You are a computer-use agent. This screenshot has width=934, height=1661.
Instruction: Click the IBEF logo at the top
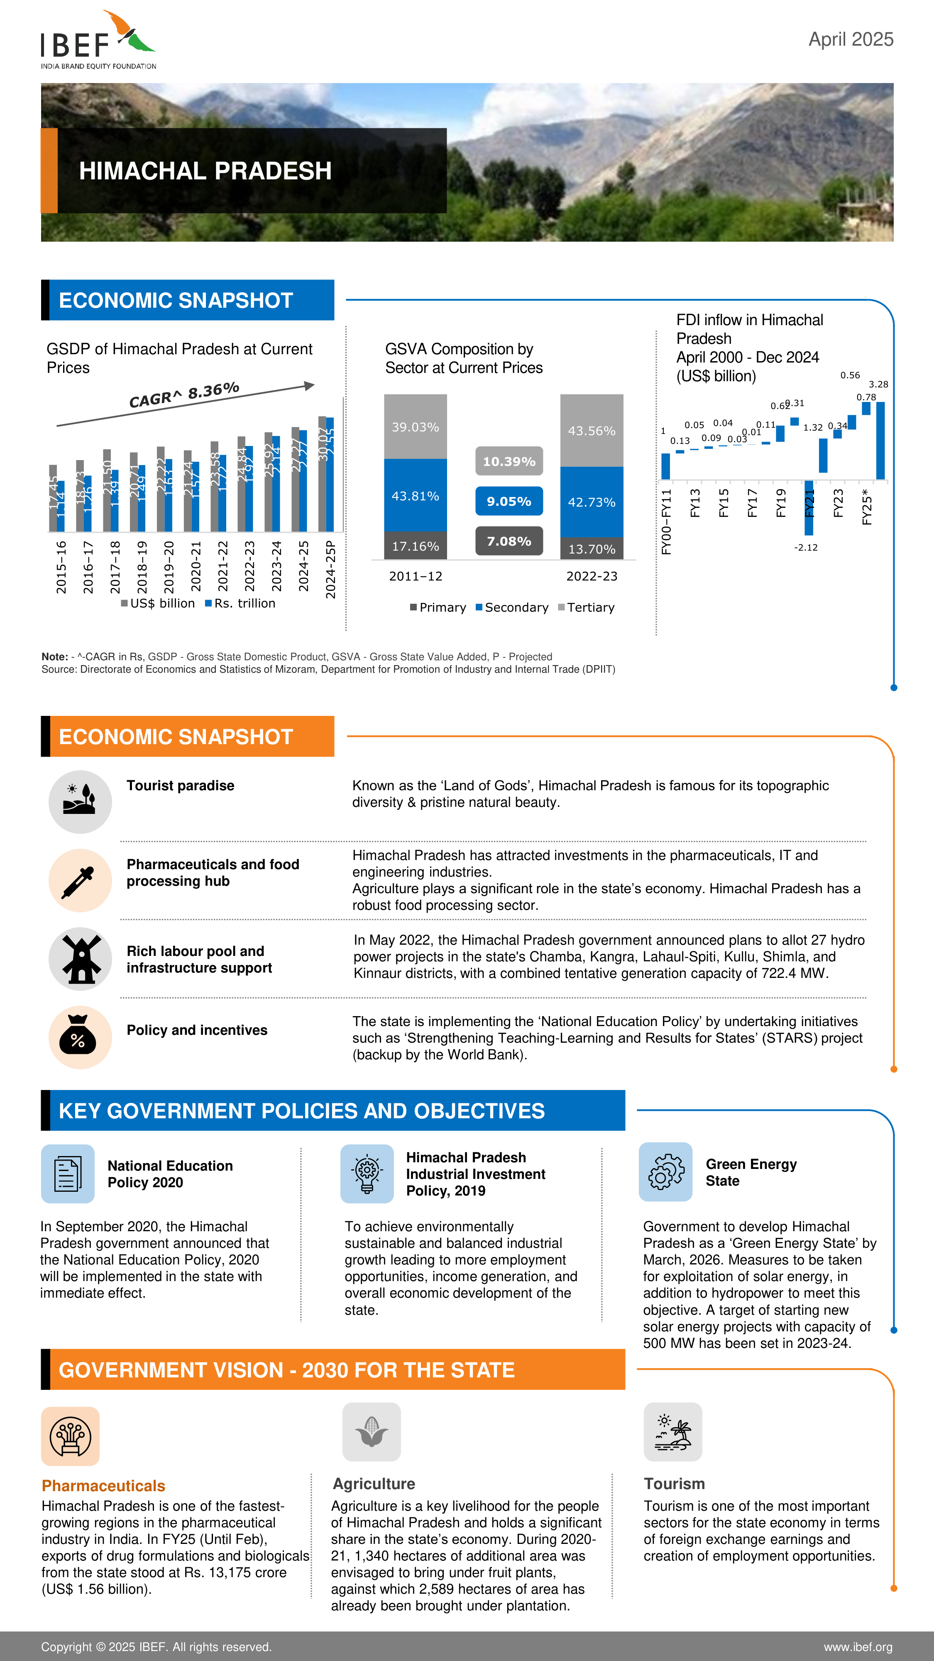(98, 40)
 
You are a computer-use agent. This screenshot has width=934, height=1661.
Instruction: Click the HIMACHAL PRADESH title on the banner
(205, 171)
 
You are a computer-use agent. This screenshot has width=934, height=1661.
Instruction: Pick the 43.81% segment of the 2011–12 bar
(415, 495)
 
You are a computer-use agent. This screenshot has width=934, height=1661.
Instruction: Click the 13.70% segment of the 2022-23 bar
(591, 549)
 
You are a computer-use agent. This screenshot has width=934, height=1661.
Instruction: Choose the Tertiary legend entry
(587, 608)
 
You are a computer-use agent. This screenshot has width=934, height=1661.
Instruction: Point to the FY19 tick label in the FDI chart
(780, 502)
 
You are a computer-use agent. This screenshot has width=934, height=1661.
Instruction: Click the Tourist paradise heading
(181, 785)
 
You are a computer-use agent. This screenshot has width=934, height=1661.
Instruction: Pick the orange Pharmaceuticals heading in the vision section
(103, 1486)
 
